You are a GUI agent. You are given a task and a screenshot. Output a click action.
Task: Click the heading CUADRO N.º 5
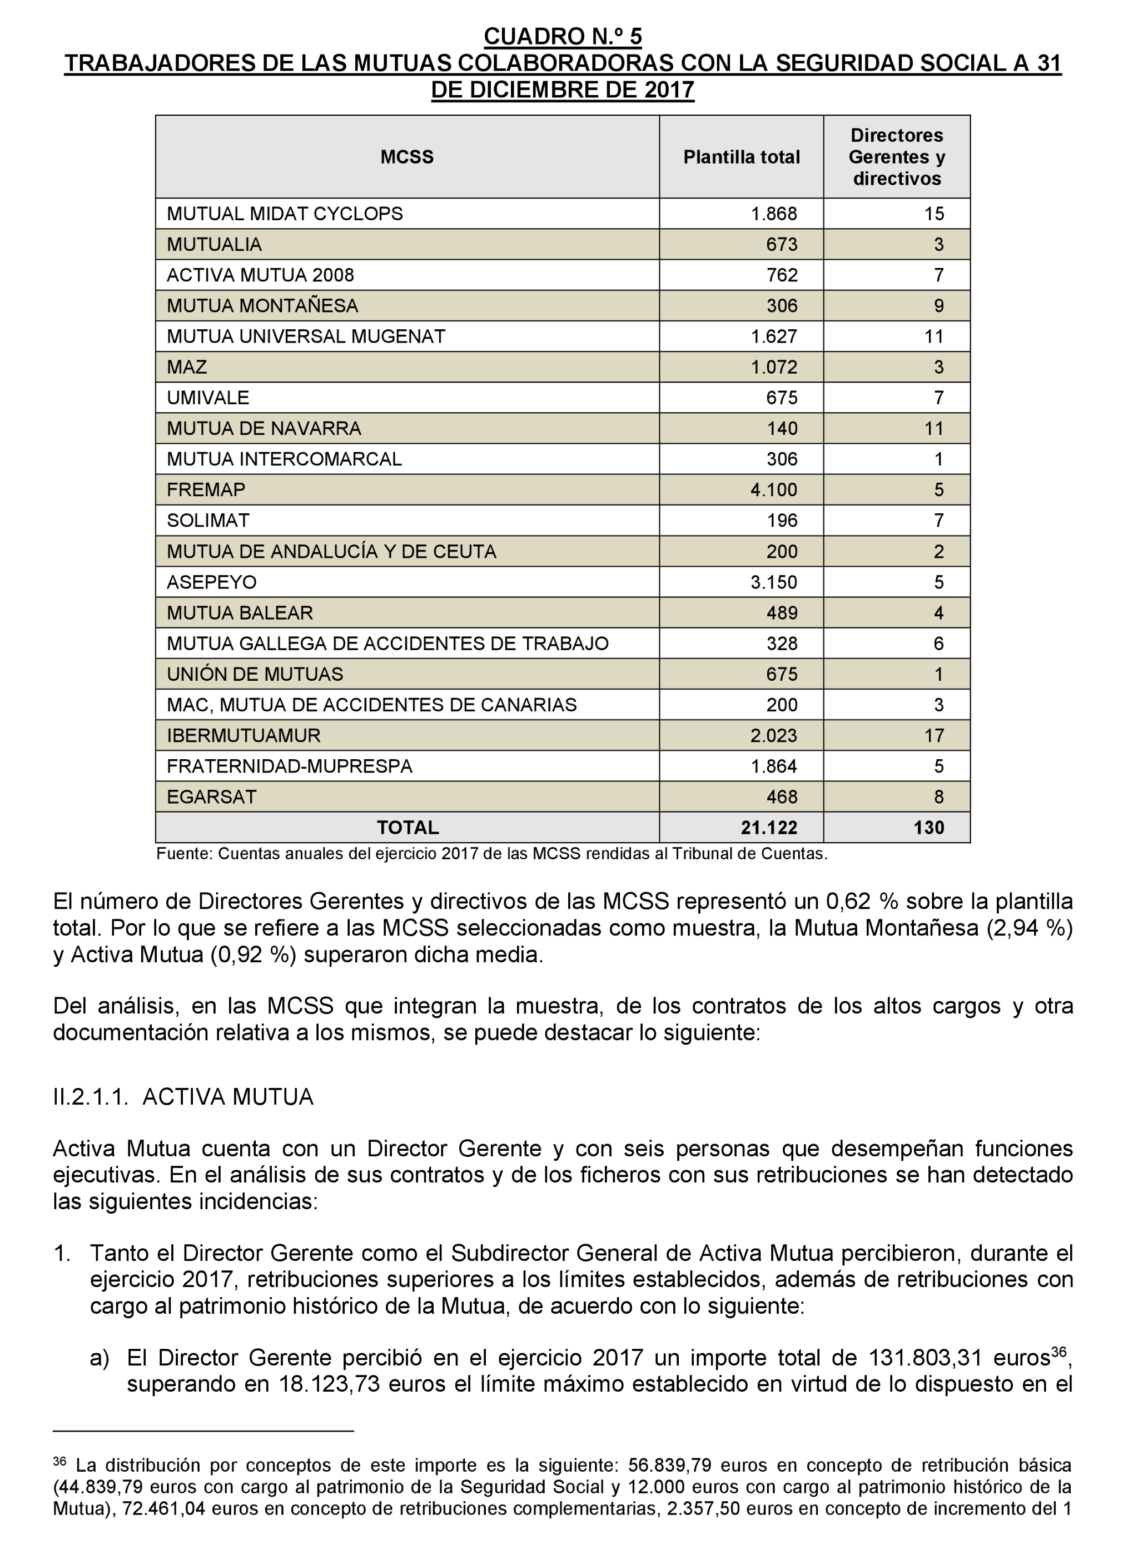[x=562, y=36]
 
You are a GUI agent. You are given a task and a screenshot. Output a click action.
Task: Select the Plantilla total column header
[x=741, y=157]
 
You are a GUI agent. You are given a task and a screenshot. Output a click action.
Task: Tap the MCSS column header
[x=407, y=157]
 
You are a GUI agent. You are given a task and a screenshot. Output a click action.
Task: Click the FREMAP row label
[x=206, y=490]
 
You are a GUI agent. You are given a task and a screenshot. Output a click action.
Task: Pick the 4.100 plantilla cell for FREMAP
[x=773, y=490]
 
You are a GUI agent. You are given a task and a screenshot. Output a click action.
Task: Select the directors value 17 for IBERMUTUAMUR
[x=933, y=736]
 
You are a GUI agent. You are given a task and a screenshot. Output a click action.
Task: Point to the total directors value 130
[x=928, y=828]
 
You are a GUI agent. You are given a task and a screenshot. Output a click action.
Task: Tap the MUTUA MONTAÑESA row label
[x=262, y=306]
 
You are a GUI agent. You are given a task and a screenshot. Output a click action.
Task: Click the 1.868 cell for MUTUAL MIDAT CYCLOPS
[x=773, y=214]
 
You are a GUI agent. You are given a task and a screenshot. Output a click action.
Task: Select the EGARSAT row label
[x=211, y=797]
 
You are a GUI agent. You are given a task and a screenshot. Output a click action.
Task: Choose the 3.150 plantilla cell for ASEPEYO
[x=773, y=582]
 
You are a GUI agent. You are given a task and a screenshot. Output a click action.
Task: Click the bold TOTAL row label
[x=407, y=828]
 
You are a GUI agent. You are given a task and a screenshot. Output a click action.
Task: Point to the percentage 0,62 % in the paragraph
[x=862, y=902]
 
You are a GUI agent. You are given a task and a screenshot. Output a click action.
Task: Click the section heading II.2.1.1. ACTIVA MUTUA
[x=183, y=1097]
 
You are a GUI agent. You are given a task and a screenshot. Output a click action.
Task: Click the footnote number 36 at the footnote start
[x=59, y=1461]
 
